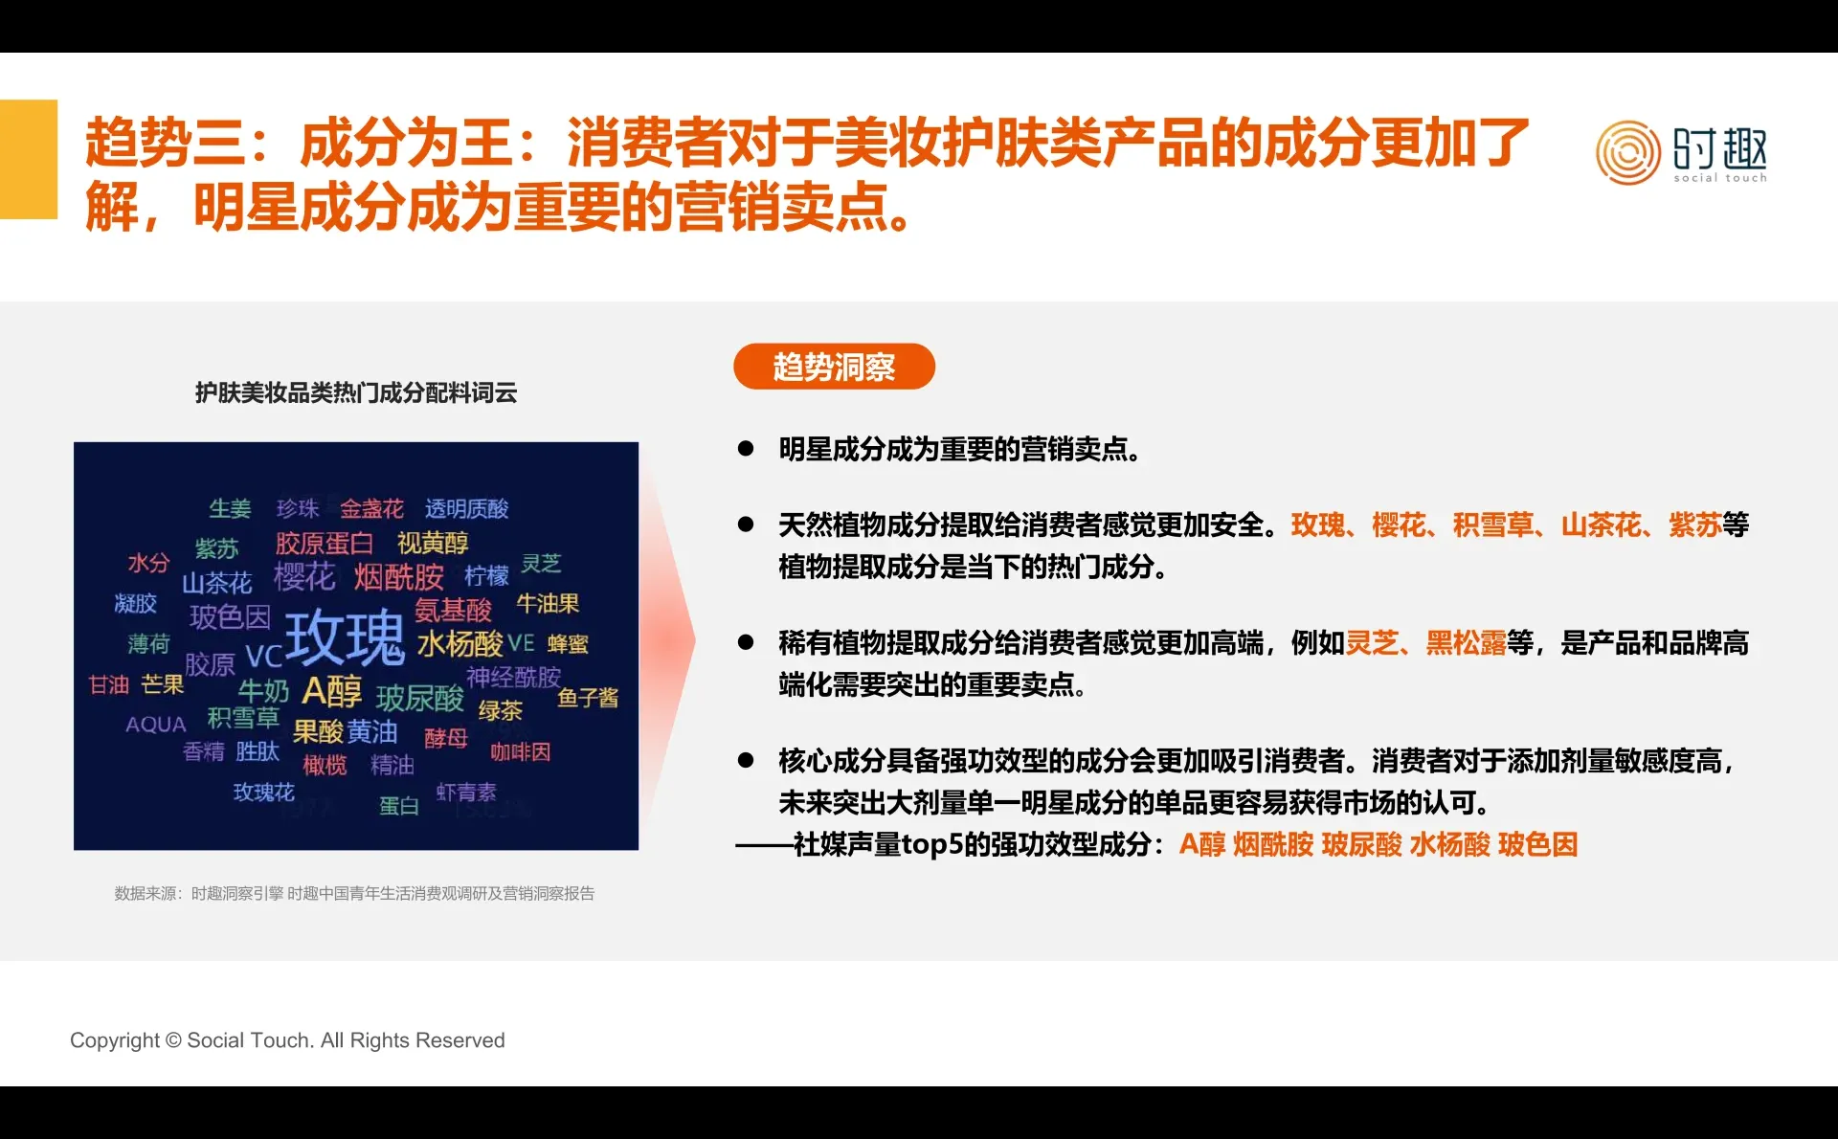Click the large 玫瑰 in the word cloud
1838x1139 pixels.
(x=345, y=636)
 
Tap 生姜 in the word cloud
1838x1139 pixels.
(x=230, y=508)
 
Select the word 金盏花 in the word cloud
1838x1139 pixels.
(x=371, y=508)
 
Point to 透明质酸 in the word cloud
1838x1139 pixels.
(x=466, y=508)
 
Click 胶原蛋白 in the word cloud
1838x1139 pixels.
(x=324, y=544)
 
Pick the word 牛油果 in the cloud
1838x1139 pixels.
(x=548, y=604)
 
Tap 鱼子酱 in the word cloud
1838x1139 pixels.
(x=588, y=698)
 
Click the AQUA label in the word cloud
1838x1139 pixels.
(x=155, y=725)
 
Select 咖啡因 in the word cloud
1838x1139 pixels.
(x=520, y=752)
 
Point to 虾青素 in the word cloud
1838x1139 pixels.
(x=466, y=793)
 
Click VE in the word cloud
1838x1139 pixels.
(x=521, y=643)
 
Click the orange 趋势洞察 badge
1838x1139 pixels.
(x=834, y=367)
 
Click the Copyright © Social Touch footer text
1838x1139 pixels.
(x=287, y=1040)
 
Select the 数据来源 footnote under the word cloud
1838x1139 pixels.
(x=354, y=893)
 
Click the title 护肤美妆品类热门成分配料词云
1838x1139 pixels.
(x=356, y=392)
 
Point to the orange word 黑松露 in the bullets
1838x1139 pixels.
(x=1466, y=643)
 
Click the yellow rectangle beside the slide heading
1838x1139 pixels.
(x=29, y=159)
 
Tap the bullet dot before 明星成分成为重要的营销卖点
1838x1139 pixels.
(x=746, y=449)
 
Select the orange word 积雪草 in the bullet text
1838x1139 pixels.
(x=1492, y=525)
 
